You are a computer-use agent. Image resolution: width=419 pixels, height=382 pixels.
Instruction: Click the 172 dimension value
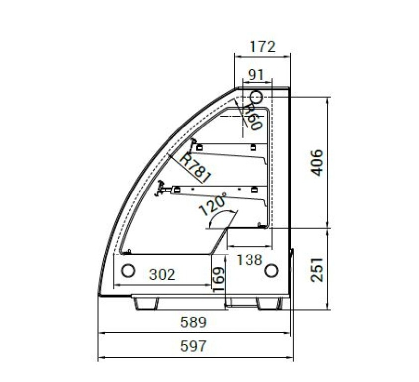(262, 47)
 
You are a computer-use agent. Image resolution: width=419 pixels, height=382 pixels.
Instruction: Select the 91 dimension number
(256, 75)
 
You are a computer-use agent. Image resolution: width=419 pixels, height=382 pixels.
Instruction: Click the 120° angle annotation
(213, 204)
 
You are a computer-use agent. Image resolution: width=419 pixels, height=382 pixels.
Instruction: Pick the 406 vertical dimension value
(317, 163)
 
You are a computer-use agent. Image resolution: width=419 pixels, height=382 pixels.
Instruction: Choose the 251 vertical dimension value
(317, 270)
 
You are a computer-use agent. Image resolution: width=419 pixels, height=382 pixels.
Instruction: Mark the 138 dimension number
(250, 260)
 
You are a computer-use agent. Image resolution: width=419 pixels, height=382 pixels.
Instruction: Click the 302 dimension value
(162, 274)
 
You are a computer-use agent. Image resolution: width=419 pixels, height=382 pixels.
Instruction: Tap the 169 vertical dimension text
(219, 279)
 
